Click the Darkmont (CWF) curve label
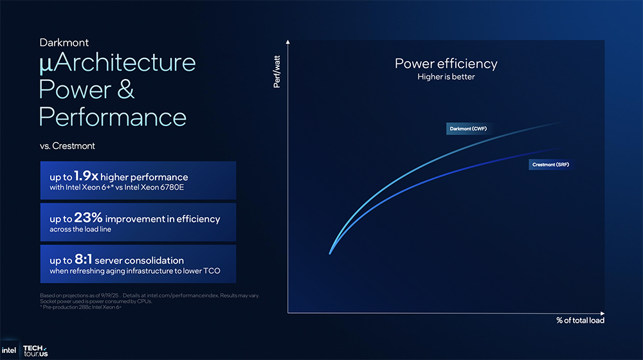[468, 129]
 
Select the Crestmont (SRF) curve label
[550, 165]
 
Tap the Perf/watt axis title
[276, 72]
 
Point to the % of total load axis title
[580, 320]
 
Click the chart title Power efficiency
[446, 64]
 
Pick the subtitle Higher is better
[446, 76]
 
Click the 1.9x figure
[86, 176]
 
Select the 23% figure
[88, 218]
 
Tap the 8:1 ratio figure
[83, 259]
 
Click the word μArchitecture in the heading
[117, 63]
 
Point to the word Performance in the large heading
[113, 117]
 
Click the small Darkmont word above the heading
[64, 42]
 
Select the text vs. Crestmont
[68, 146]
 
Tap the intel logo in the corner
[8, 350]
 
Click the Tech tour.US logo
[35, 350]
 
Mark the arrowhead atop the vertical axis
[288, 42]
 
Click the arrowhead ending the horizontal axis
[602, 314]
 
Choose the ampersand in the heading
[125, 89]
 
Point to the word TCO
[212, 271]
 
